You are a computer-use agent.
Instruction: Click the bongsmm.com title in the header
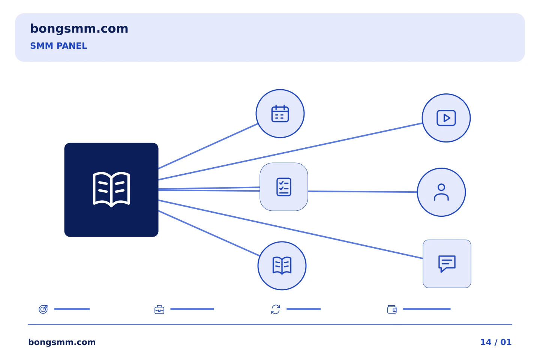click(x=79, y=29)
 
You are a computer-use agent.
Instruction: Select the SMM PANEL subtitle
click(x=58, y=46)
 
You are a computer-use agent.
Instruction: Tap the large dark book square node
click(x=111, y=190)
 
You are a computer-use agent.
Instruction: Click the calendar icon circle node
click(x=280, y=114)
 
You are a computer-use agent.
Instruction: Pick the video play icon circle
click(x=446, y=118)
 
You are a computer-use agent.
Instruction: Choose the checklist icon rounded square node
click(x=284, y=187)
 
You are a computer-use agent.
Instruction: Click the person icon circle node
click(x=441, y=192)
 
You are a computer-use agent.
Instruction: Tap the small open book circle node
click(x=282, y=266)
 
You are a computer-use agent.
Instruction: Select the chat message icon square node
click(x=447, y=264)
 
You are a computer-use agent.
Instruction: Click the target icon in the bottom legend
click(x=43, y=309)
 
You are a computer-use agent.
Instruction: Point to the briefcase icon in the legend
click(x=159, y=309)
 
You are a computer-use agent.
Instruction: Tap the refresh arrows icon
click(x=276, y=309)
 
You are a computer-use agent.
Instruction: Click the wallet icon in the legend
click(x=392, y=309)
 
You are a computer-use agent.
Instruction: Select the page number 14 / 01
click(x=496, y=342)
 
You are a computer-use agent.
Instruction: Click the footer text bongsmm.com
click(x=62, y=342)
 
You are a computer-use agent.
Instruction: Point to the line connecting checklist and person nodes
click(x=363, y=192)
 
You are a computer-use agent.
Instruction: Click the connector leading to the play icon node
click(x=290, y=151)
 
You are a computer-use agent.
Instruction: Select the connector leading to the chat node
click(x=291, y=229)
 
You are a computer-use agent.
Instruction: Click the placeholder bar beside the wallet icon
click(x=427, y=309)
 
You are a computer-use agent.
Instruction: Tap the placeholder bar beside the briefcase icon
click(x=192, y=309)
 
